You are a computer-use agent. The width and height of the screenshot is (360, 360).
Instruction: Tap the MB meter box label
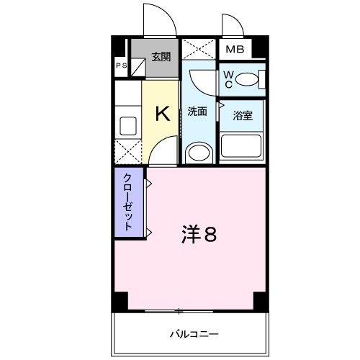point(235,50)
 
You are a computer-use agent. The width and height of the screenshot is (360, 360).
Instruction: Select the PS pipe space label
point(120,66)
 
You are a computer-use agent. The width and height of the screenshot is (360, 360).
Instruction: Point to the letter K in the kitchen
point(163,113)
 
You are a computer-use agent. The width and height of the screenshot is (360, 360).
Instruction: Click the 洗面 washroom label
point(197,112)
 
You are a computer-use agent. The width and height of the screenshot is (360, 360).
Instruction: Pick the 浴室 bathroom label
point(241,115)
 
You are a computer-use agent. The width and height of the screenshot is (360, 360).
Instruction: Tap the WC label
point(228,80)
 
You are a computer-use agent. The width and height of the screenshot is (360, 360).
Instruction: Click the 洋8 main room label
point(197,234)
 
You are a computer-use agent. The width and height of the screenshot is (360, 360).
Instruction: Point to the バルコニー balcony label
point(194,334)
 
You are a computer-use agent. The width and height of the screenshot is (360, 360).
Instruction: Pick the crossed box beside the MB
point(198,49)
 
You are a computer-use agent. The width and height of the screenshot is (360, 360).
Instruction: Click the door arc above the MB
point(232,24)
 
